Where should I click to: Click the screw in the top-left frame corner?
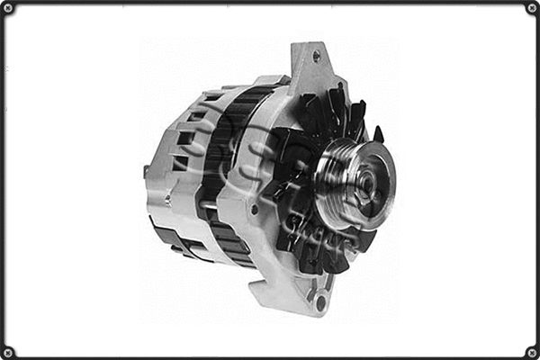pyautogui.click(x=8, y=8)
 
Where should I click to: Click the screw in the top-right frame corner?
pyautogui.click(x=531, y=8)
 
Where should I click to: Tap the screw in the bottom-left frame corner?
pyautogui.click(x=8, y=351)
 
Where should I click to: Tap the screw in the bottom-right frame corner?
pyautogui.click(x=531, y=351)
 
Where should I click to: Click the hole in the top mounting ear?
pyautogui.click(x=316, y=56)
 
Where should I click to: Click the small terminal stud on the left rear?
pyautogui.click(x=146, y=171)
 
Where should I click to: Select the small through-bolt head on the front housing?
pyautogui.click(x=255, y=209)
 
